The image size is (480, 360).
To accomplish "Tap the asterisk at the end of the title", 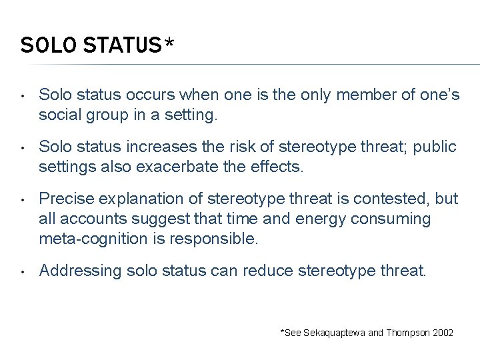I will coord(169,44).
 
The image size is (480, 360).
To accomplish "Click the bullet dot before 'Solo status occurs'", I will coord(23,95).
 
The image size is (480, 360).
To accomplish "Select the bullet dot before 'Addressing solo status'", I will coord(23,271).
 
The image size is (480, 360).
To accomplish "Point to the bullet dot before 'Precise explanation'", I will coord(23,199).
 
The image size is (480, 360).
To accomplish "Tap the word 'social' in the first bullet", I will coord(57,115).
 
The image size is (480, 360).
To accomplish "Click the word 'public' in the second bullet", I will coord(437,147).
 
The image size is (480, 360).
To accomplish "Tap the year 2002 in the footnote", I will coord(442,332).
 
